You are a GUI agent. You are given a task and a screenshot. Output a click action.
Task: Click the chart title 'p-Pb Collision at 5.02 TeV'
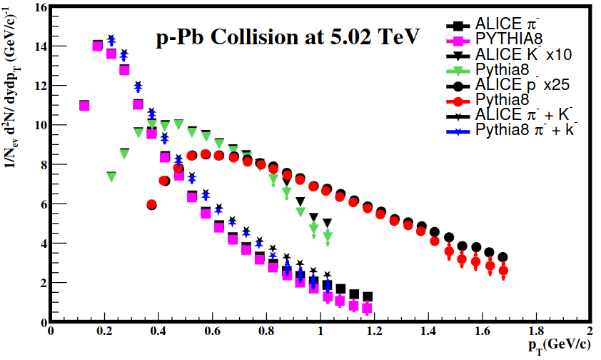coord(288,36)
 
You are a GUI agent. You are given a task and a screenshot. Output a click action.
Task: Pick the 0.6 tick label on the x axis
coord(211,332)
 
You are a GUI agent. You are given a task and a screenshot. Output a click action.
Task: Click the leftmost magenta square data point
coord(84,106)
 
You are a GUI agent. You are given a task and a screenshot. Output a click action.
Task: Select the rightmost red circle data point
coord(503,271)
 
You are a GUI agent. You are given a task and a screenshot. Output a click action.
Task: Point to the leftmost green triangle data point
coord(111,176)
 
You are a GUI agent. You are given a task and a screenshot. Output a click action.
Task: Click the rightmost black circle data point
coord(503,257)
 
